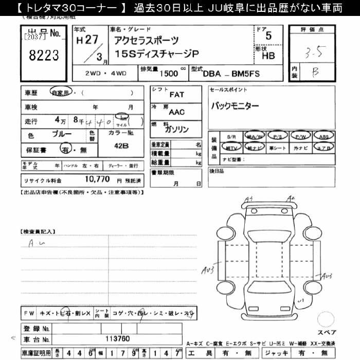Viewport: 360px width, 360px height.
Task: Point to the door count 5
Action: coord(268,37)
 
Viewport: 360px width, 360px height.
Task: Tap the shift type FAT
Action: coord(176,95)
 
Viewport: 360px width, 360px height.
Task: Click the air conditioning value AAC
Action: coord(176,112)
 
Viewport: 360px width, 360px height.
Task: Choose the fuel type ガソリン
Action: coord(176,129)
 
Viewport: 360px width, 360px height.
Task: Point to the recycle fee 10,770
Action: coord(97,180)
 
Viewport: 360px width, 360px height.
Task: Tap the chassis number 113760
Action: coord(117,339)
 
